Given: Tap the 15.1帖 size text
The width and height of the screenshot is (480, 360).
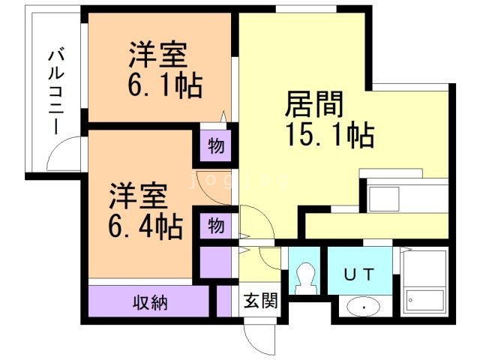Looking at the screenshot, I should [328, 135].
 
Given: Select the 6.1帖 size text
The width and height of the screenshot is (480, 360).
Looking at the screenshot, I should [163, 85].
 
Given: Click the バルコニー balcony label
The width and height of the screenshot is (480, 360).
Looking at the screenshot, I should [55, 91].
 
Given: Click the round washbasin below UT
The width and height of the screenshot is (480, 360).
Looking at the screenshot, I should [364, 307].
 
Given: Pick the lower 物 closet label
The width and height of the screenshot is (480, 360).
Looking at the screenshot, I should [215, 225].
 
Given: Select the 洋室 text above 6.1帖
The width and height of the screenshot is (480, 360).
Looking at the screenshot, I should [157, 55].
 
